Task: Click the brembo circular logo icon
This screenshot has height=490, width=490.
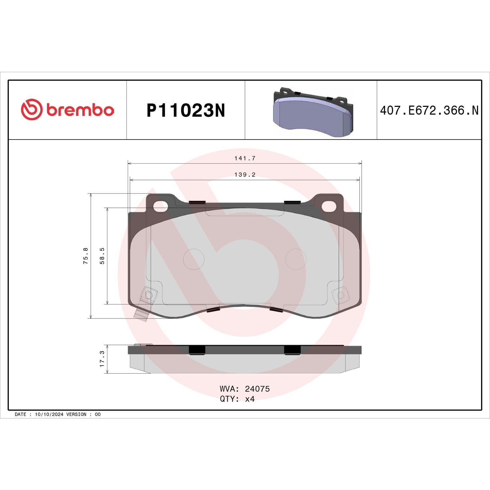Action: (32, 109)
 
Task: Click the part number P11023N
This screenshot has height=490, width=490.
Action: (186, 110)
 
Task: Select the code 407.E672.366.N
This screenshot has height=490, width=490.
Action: (429, 110)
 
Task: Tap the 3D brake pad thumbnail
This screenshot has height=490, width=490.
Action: (313, 112)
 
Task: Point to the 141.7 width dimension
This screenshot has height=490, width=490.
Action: (245, 158)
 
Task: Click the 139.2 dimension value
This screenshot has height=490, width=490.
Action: (245, 175)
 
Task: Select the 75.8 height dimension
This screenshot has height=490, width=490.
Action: (86, 255)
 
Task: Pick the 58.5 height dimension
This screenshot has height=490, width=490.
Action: (102, 255)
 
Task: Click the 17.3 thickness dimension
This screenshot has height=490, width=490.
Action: (102, 359)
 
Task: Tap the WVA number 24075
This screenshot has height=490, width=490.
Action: (257, 389)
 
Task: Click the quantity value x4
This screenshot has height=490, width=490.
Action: (250, 399)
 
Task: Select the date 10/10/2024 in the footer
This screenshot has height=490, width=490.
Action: (49, 414)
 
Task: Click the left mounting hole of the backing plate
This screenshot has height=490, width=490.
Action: (160, 206)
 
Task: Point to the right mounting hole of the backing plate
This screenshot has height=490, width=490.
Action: (329, 206)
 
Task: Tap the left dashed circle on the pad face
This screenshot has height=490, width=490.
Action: (194, 259)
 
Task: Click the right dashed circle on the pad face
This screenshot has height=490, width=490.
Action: (296, 259)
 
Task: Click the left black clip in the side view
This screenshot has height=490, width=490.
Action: (197, 350)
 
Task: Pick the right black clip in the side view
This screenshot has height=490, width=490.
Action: (292, 350)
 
